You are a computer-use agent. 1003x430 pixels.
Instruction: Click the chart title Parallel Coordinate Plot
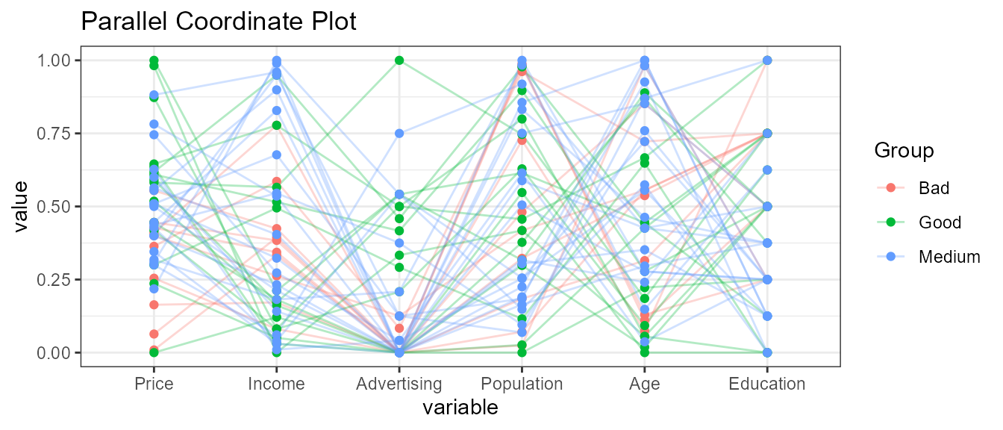pyautogui.click(x=218, y=22)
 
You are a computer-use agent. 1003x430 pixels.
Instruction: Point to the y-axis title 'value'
pyautogui.click(x=22, y=206)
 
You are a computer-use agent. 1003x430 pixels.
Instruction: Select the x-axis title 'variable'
pyautogui.click(x=460, y=408)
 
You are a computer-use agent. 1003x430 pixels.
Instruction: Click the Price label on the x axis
pyautogui.click(x=154, y=384)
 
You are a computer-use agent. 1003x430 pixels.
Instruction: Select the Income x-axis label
pyautogui.click(x=276, y=384)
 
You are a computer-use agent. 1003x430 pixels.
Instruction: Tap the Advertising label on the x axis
pyautogui.click(x=399, y=384)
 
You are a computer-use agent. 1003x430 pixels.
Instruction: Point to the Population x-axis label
pyautogui.click(x=522, y=384)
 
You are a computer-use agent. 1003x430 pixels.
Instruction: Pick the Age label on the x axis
pyautogui.click(x=644, y=384)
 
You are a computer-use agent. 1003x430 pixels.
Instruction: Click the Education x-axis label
pyautogui.click(x=767, y=384)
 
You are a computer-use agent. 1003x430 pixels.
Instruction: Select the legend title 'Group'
pyautogui.click(x=904, y=152)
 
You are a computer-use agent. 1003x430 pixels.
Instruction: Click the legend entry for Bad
pyautogui.click(x=934, y=188)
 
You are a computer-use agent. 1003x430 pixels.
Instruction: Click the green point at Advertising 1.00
pyautogui.click(x=399, y=60)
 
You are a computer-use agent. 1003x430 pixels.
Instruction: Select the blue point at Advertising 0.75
pyautogui.click(x=399, y=133)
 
